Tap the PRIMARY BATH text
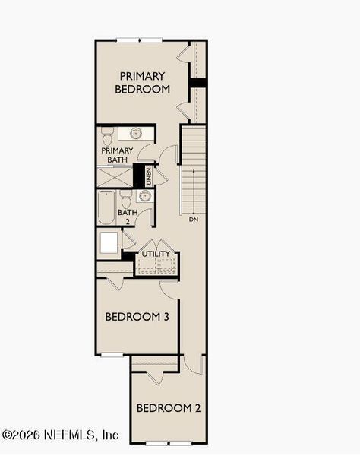tap(117, 155)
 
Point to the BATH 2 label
tap(127, 217)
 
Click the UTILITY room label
tap(156, 254)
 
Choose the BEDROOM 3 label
tap(137, 316)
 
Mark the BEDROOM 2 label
tap(169, 408)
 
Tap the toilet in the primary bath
tap(107, 136)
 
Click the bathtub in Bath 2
tap(106, 207)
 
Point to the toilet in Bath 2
tap(126, 198)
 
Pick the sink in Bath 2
tap(144, 197)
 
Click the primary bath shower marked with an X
tap(116, 177)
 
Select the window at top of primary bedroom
tap(139, 40)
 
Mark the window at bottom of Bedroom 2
tap(168, 442)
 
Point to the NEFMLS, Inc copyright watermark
tap(61, 435)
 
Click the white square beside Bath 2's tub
tap(109, 242)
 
